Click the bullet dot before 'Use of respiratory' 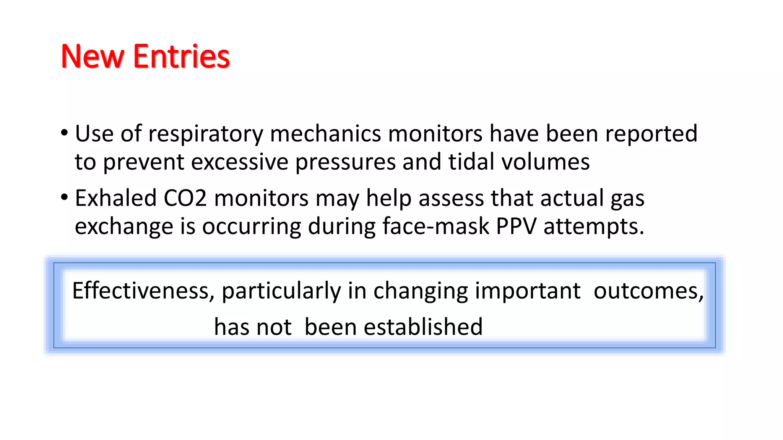coord(64,133)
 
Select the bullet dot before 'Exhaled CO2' coord(64,197)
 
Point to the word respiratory coord(206,134)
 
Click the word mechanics coord(325,134)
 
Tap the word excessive coord(239,162)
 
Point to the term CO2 coord(185,198)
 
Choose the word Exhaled coord(116,198)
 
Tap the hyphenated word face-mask coord(435,226)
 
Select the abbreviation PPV coord(516,226)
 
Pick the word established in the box coord(423,327)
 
